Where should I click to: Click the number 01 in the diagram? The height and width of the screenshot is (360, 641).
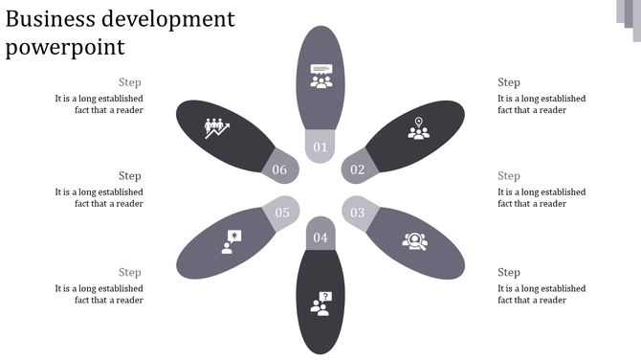point(320,147)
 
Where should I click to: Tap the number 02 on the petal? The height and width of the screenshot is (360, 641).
point(358,170)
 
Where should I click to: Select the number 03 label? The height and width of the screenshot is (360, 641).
point(357,213)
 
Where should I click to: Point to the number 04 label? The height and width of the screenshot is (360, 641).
point(320,237)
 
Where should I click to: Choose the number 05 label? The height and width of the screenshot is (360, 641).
point(282,213)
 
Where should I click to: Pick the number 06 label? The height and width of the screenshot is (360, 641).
point(279,170)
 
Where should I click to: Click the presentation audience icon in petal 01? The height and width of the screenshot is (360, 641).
point(320,77)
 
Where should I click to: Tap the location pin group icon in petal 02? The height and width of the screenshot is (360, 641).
point(418,128)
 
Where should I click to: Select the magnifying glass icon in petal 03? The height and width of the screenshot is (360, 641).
point(414,241)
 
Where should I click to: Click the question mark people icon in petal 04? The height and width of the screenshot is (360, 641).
point(320,304)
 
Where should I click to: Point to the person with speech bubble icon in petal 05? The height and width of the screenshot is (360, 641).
point(230,240)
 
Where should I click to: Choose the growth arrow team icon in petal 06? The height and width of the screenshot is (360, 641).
point(218,128)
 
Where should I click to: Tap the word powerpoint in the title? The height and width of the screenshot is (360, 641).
point(65,47)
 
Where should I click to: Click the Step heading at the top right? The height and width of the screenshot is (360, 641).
point(509,82)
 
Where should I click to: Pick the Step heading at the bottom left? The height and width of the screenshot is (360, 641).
point(130,273)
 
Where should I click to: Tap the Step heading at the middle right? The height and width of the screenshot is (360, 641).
point(509,176)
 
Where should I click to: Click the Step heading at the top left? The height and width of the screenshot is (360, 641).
point(130,82)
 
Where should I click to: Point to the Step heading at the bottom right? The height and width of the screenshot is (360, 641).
point(509,273)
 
